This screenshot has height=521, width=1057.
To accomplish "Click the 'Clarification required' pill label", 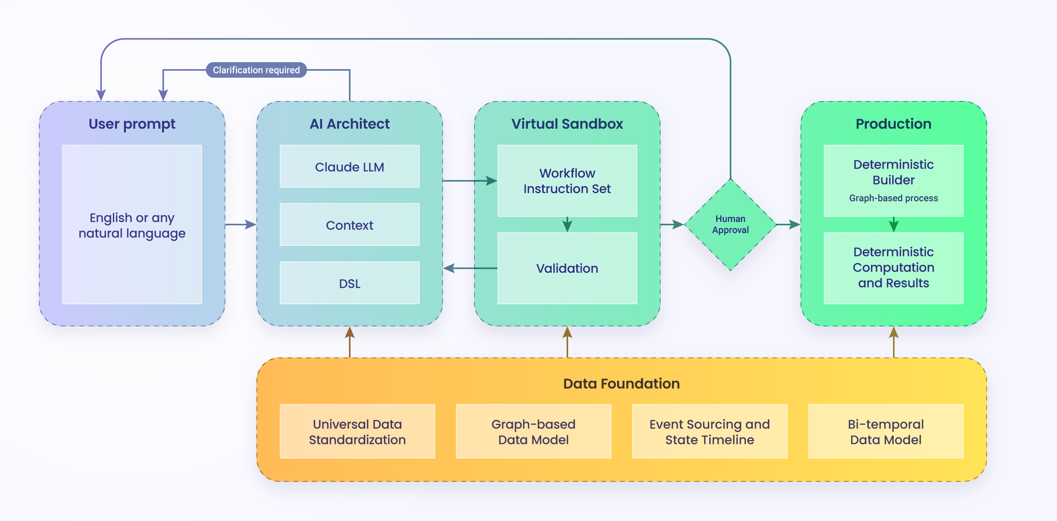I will (x=256, y=70).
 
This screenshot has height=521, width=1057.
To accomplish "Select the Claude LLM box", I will (x=349, y=167).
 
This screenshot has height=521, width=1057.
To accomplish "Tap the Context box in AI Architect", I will (x=349, y=225).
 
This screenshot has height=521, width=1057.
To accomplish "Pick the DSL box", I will (x=349, y=283).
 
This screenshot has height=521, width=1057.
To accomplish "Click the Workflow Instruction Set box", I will (x=567, y=181).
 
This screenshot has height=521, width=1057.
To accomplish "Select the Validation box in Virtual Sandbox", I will (x=567, y=268).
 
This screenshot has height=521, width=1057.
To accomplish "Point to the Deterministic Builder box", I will (x=893, y=172).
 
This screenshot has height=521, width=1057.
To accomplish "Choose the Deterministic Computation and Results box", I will (x=893, y=267).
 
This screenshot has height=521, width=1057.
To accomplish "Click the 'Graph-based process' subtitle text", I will (x=893, y=198).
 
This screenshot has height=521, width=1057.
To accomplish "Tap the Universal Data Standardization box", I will (x=357, y=431).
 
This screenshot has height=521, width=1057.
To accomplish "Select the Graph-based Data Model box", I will (x=533, y=431).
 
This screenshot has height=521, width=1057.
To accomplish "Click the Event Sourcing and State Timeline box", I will (x=709, y=431).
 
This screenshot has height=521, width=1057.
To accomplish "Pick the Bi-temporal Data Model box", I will (x=886, y=431).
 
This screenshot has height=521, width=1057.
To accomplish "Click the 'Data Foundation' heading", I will (x=621, y=383).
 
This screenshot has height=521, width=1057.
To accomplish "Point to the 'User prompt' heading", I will (x=132, y=124).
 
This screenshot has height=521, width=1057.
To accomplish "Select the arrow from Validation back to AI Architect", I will (x=469, y=268).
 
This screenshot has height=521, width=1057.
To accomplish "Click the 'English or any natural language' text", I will (x=132, y=225).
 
